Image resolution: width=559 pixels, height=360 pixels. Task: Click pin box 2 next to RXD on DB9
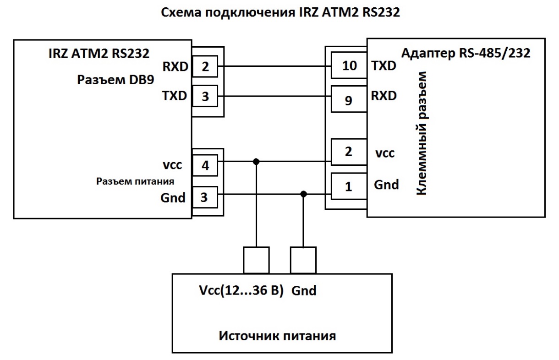[x=205, y=67]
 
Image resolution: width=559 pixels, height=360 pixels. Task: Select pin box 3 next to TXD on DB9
[x=205, y=97]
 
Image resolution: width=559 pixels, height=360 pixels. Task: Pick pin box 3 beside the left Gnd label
[x=205, y=198]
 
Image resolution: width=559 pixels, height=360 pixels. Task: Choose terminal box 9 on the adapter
[x=348, y=100]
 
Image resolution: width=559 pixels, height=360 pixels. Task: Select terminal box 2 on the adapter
[x=348, y=152]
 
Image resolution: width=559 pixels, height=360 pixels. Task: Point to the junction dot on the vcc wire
[x=256, y=162]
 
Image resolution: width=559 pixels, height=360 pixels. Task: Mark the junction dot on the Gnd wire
[x=303, y=194]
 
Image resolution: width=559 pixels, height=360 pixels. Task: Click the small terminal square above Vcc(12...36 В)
[x=256, y=261]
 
